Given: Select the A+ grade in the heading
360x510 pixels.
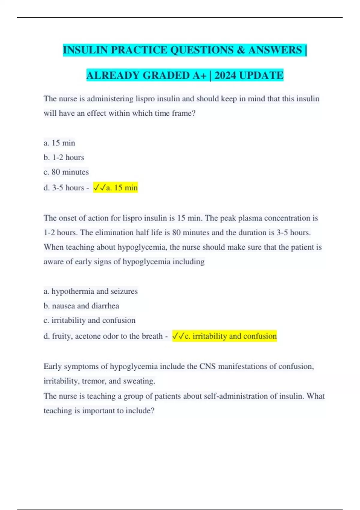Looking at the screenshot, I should (199, 75).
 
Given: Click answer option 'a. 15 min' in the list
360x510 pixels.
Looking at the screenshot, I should (59, 143).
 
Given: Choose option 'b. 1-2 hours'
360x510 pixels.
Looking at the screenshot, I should (64, 157).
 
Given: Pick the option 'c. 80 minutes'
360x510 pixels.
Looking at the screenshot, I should (66, 172).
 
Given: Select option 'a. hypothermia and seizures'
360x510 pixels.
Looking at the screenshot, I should (91, 291).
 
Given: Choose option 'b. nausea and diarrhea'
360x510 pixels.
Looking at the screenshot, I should (81, 306).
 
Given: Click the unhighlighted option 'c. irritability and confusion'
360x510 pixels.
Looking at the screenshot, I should (89, 320).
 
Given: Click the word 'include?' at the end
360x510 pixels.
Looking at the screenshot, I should (140, 411).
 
